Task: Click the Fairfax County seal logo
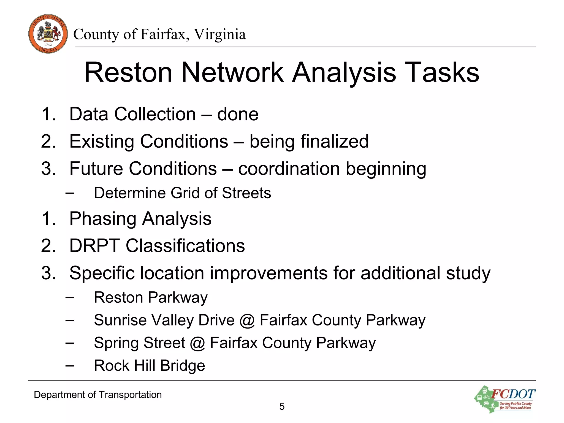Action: click(x=48, y=34)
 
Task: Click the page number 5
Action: click(x=282, y=406)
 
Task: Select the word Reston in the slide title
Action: click(x=128, y=72)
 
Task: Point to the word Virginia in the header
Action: click(x=219, y=34)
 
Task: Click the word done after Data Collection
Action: click(x=238, y=114)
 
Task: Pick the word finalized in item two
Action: click(x=334, y=141)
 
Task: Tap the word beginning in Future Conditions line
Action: click(x=386, y=169)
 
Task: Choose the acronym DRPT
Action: click(x=94, y=246)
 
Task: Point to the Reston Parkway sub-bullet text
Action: click(x=151, y=298)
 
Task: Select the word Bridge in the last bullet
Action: click(x=183, y=366)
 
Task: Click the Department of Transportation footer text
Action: click(x=97, y=395)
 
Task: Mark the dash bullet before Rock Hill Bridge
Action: click(x=70, y=365)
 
